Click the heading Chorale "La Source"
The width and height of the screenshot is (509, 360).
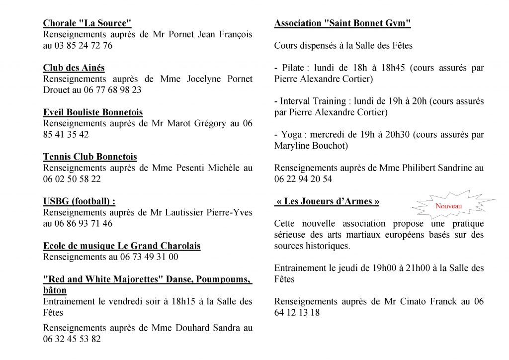[87, 23]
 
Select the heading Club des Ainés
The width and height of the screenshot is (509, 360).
[74, 68]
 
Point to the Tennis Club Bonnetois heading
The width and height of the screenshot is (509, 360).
[90, 157]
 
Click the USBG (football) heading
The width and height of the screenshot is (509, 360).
[79, 201]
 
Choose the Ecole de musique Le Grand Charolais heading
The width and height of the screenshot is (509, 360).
[122, 246]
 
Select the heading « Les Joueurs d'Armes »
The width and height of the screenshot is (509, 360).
[327, 201]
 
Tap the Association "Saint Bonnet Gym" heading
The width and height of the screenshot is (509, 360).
[342, 23]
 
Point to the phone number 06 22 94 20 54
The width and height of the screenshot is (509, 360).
[303, 179]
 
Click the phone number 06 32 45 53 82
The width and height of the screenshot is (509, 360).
[72, 339]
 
